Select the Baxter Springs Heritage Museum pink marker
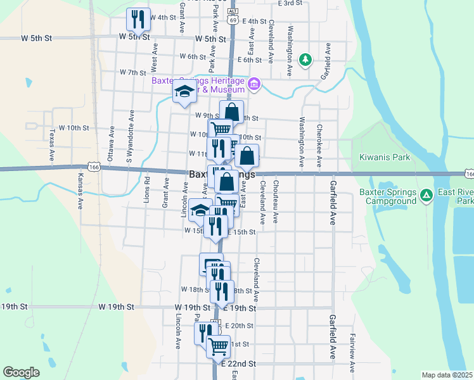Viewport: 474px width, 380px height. pos(253,84)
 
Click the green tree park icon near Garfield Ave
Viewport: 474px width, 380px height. pos(305,60)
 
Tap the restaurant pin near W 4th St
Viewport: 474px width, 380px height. pos(138,19)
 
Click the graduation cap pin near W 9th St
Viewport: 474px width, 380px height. pos(184,93)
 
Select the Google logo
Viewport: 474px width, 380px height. pos(21,372)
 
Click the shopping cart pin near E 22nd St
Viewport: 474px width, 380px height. pos(219,346)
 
